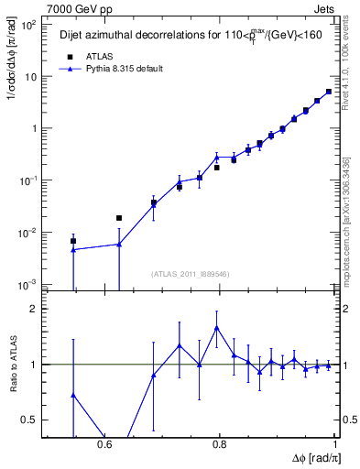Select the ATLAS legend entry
pos(88,56)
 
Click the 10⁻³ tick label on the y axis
pos(28,286)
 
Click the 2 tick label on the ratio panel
pos(35,310)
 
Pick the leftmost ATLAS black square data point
pos(73,241)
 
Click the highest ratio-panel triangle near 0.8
pos(217,327)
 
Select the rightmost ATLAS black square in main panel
pos(329,92)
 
